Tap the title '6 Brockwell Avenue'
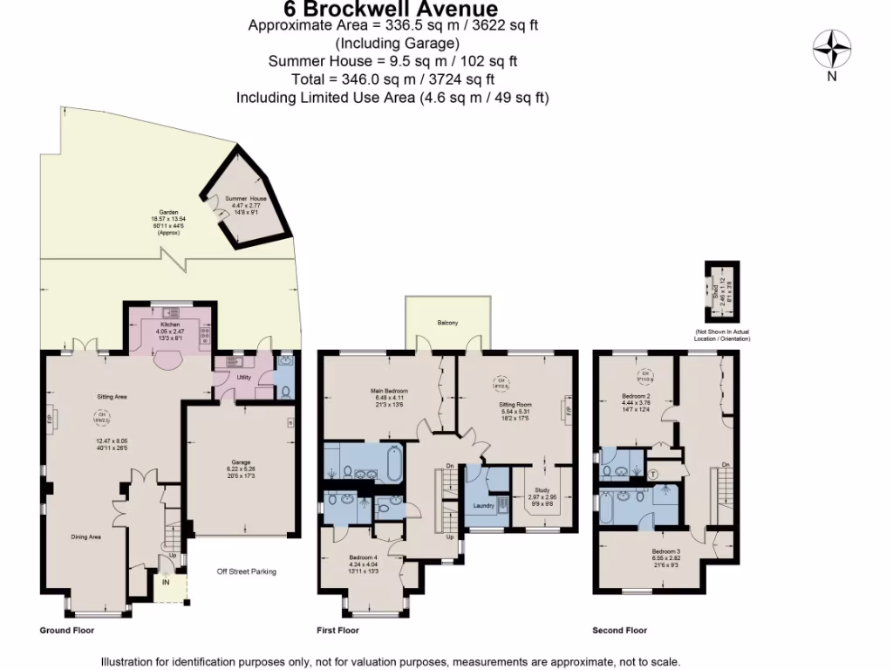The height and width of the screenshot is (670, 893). tap(392, 10)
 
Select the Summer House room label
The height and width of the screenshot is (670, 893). tap(246, 199)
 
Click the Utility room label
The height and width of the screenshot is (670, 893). tap(243, 378)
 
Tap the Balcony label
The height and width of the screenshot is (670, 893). tap(447, 324)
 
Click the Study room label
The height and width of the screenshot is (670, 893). tap(542, 495)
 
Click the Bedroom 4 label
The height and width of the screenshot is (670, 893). tap(364, 557)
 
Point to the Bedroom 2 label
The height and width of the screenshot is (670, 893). tap(634, 395)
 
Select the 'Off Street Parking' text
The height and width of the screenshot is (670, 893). tap(247, 572)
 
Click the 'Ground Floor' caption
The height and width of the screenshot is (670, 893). tap(67, 630)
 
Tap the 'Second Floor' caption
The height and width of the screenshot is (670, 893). tap(619, 630)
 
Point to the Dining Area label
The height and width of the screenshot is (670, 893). tap(86, 537)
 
